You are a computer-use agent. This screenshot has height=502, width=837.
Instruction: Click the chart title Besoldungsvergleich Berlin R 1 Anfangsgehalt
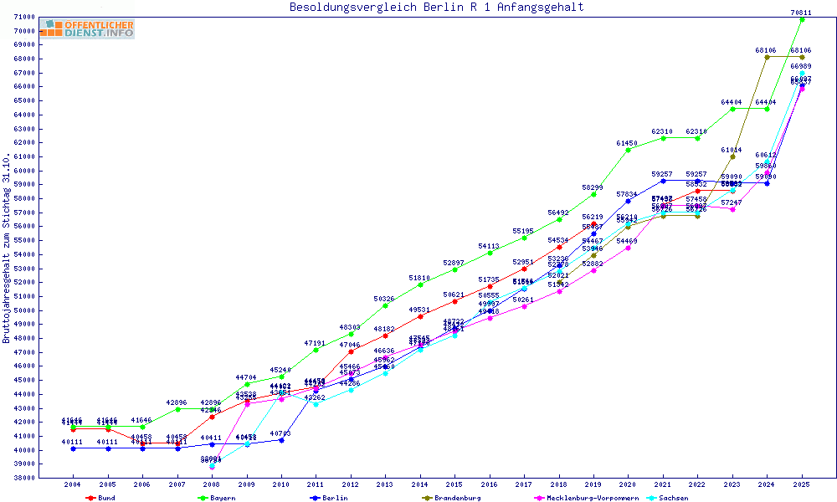[x=436, y=8]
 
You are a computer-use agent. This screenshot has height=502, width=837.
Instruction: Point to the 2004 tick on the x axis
[x=73, y=484]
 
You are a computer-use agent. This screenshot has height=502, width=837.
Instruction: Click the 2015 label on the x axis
[x=454, y=484]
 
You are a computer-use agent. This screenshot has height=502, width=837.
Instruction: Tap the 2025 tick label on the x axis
[x=802, y=484]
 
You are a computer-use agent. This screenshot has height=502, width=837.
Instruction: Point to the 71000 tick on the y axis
[x=24, y=18]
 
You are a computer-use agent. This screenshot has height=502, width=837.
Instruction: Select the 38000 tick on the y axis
[x=24, y=478]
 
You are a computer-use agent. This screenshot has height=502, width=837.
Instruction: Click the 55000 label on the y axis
[x=24, y=241]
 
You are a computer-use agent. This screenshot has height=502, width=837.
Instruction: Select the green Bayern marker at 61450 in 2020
[x=628, y=150]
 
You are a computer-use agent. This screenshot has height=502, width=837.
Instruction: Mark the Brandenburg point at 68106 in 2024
[x=767, y=57]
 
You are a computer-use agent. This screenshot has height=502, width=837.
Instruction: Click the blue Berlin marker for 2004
[x=74, y=448]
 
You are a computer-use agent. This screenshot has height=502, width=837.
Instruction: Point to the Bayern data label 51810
[x=419, y=278]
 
